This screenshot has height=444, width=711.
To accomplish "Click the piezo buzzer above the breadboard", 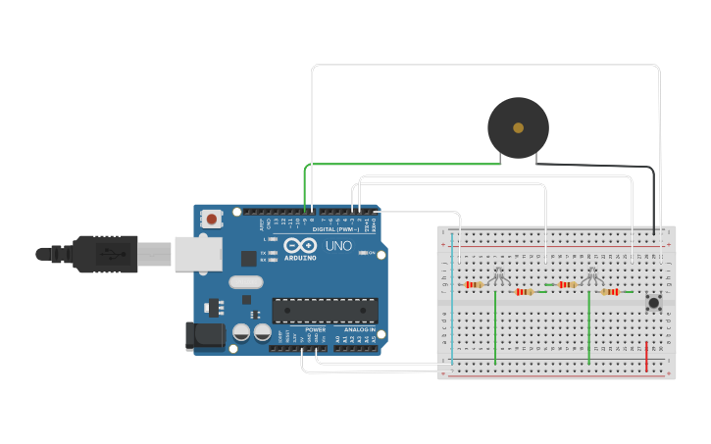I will coord(518,127).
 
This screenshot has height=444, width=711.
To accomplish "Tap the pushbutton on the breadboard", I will coord(653,303).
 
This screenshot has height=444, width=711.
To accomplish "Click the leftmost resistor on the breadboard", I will coord(474,285).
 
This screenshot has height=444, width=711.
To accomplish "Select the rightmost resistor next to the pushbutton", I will coord(613,291).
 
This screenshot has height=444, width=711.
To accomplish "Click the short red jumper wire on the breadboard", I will coord(646,357).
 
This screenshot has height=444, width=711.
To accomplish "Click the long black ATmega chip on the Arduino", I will coord(325,311).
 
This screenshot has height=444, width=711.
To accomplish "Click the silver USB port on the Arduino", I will coord(200,253).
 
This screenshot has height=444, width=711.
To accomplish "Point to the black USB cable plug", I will coord(104,254).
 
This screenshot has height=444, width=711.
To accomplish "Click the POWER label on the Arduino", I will coord(316,329).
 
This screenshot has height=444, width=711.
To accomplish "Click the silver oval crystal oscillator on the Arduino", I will coord(247,282).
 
